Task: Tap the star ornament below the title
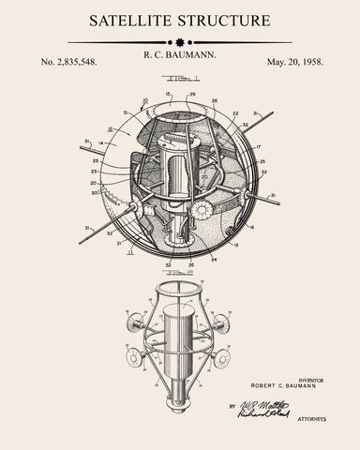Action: [x=180, y=42]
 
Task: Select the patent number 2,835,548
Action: [x=68, y=62]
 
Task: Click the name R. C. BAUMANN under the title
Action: [x=180, y=56]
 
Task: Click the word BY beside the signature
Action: [x=230, y=407]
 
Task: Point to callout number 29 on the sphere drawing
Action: [x=192, y=95]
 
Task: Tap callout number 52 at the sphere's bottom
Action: [x=169, y=264]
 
